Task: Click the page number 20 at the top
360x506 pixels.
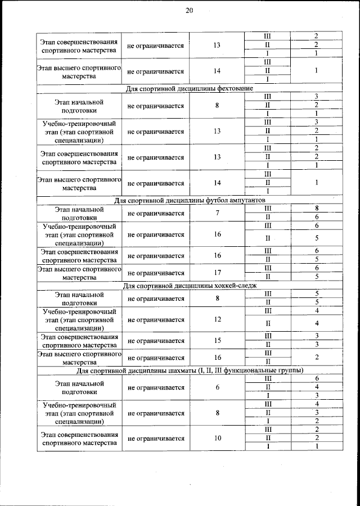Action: tap(189, 10)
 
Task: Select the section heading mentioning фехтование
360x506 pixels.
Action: tap(188, 88)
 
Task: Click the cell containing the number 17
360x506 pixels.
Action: tap(217, 273)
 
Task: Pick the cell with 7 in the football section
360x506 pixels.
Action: tap(217, 213)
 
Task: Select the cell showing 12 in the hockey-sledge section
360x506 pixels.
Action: tap(217, 319)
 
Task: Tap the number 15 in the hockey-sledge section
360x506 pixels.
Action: tap(217, 341)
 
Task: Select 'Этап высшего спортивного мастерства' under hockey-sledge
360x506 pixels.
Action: tap(79, 358)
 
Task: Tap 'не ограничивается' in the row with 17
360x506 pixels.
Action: tap(156, 273)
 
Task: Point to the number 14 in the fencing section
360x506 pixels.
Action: tap(217, 183)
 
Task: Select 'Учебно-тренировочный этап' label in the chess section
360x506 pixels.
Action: tap(79, 413)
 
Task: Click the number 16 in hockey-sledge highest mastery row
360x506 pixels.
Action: tap(217, 358)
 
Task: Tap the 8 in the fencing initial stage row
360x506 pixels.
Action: tap(217, 105)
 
